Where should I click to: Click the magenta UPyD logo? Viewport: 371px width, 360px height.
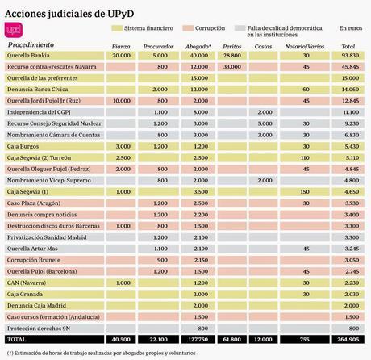pos(14,30)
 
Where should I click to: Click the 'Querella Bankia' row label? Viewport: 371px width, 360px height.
pos(29,55)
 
